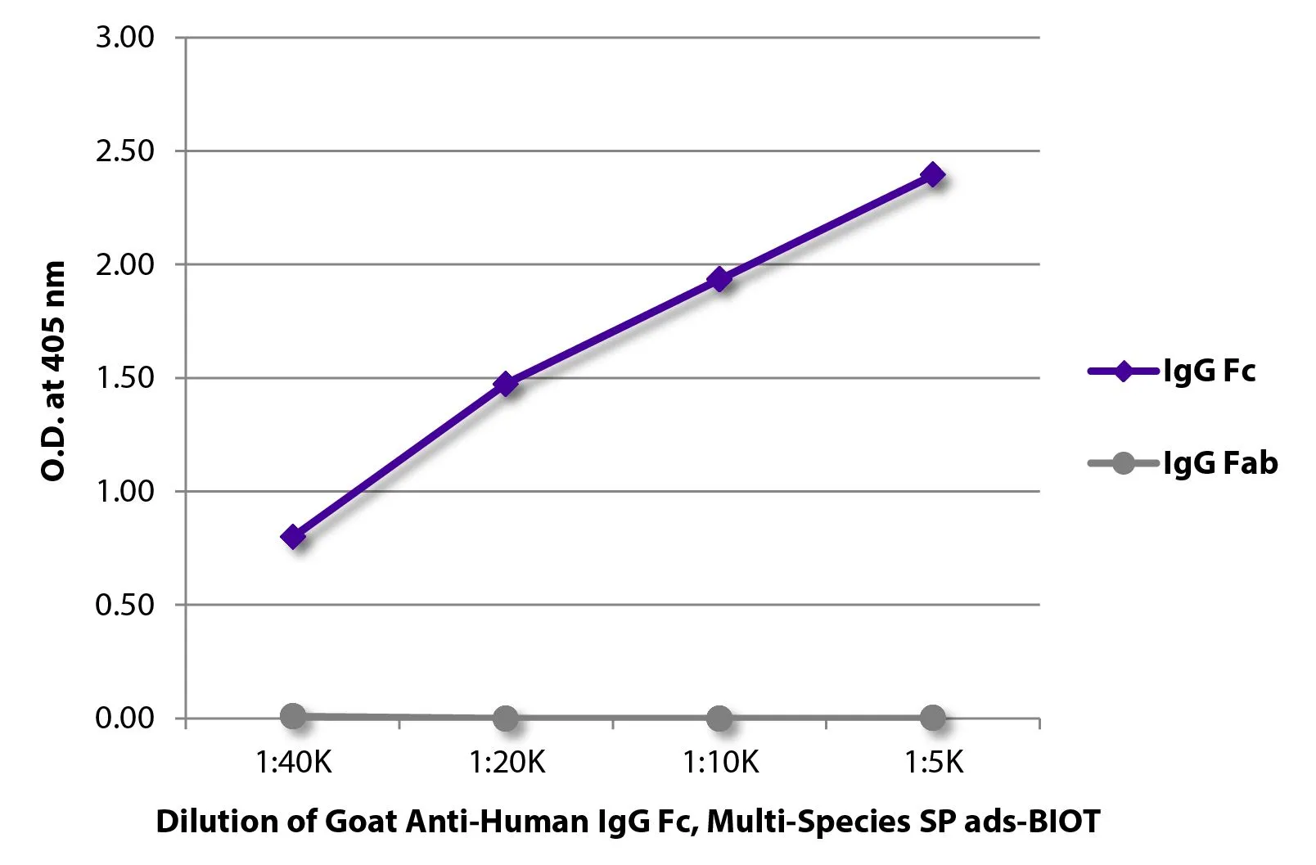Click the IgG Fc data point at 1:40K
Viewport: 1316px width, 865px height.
(293, 537)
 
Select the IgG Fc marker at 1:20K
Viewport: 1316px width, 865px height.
(506, 383)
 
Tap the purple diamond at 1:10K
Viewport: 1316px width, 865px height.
(719, 279)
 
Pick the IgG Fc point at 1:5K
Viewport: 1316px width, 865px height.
(933, 174)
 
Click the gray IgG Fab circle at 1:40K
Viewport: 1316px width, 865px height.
(293, 716)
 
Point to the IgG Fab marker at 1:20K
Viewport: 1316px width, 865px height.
(506, 719)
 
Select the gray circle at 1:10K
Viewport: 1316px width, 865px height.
(719, 719)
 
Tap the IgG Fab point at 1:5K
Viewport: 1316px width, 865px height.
(933, 719)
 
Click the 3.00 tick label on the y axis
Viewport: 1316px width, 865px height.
(124, 37)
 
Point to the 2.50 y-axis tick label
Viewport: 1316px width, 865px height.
(124, 151)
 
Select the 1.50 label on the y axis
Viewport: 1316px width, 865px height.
(124, 377)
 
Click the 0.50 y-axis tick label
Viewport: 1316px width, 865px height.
(124, 605)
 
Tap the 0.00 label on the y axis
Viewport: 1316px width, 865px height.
(124, 718)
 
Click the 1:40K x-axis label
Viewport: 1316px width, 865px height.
(293, 763)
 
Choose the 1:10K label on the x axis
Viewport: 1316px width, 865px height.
(720, 763)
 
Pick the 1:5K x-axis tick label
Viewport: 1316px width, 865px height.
(934, 763)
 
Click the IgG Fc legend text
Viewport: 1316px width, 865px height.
(1209, 372)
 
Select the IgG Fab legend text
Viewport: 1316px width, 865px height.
(1220, 463)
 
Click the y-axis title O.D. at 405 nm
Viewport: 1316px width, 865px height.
(53, 371)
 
